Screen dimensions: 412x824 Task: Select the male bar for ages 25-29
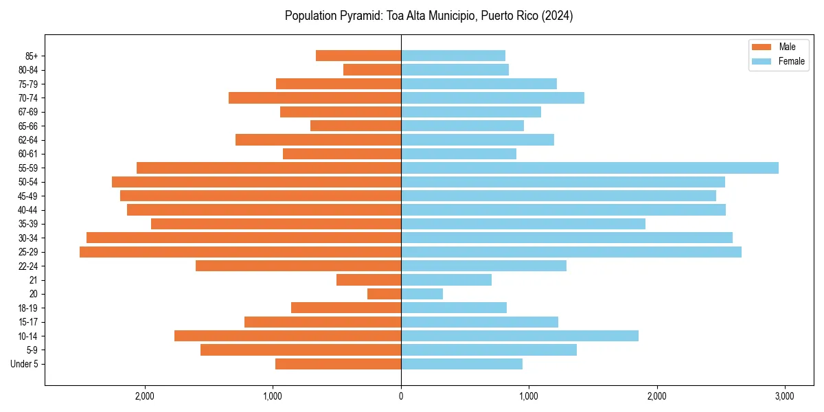coord(240,252)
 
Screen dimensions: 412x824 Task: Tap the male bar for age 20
coord(384,294)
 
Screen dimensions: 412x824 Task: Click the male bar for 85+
coord(358,56)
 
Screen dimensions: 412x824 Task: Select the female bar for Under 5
coord(461,364)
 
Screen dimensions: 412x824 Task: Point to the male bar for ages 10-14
coord(288,336)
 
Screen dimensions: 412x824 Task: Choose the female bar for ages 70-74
coord(492,98)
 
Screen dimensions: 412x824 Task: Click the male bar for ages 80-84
coord(372,69)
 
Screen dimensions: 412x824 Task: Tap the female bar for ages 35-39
coord(523,224)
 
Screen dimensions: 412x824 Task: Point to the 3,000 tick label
coord(784,396)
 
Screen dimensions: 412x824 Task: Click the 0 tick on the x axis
coord(401,396)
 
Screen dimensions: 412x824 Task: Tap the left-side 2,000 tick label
coord(145,396)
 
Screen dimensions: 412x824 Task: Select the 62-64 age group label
coord(28,140)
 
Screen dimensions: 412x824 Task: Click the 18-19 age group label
coord(28,308)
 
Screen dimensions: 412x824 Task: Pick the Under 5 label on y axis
coord(25,364)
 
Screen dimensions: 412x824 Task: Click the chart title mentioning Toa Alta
coord(428,16)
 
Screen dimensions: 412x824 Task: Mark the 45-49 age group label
coord(28,196)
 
